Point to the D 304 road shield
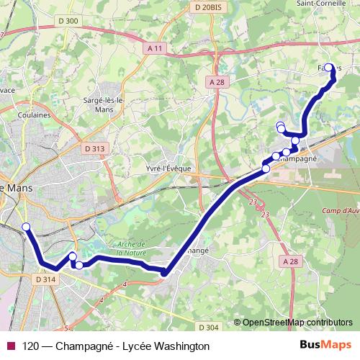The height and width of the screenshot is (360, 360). tap(207, 327)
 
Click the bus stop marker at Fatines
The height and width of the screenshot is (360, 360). tap(330, 68)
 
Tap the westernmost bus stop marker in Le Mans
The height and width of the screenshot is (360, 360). tap(26, 228)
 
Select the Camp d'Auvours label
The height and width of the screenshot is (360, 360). tap(341, 210)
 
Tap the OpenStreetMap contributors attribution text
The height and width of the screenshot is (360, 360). tap(297, 323)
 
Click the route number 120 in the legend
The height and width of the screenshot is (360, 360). tap(32, 346)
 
